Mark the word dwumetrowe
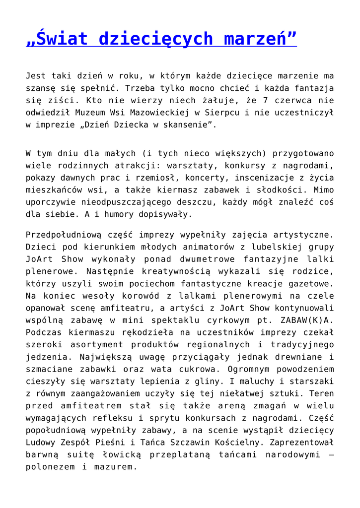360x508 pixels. coord(204,259)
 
